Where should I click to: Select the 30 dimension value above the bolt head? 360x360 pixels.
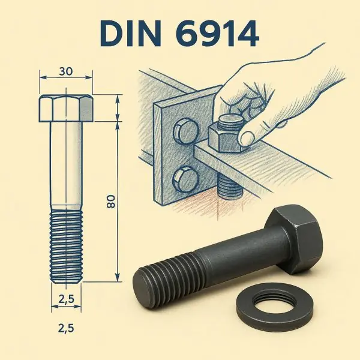(66, 71)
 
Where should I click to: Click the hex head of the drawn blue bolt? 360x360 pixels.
(66, 108)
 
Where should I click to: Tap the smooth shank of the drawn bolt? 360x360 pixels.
(66, 162)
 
